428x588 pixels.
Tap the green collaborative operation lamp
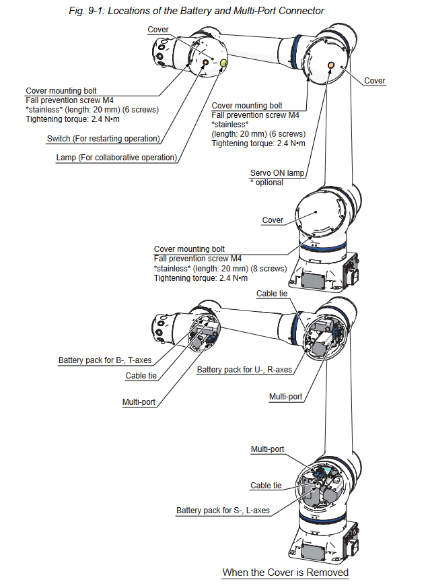point(223,63)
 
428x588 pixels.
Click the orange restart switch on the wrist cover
point(205,62)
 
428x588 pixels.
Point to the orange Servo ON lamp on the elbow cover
point(331,65)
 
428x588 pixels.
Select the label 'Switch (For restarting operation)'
point(104,138)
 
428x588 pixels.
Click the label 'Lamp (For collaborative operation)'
point(116,158)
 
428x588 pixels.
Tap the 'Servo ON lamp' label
point(277,173)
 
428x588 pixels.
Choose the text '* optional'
point(267,183)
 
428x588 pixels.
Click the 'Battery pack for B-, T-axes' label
point(105,360)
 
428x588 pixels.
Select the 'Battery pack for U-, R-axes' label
point(244,370)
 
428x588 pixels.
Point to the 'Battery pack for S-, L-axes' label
point(223,511)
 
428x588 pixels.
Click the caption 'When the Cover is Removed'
point(285,573)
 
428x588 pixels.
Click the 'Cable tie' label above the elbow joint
point(272,294)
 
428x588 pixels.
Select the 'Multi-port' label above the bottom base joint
point(267,449)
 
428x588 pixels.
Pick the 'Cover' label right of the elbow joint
point(375,81)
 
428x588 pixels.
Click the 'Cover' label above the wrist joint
point(157,30)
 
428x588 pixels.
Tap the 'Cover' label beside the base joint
point(273,220)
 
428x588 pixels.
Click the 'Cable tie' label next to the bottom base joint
point(266,486)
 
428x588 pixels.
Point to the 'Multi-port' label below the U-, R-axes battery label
point(285,397)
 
